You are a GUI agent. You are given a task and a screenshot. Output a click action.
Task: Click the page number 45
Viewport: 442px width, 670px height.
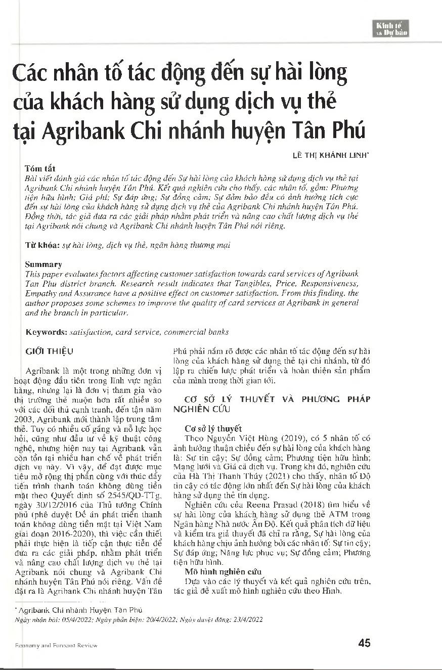(364, 643)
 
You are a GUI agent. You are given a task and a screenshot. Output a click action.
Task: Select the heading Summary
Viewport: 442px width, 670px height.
(43, 264)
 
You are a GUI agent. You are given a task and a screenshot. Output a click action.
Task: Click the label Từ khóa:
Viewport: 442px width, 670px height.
(42, 245)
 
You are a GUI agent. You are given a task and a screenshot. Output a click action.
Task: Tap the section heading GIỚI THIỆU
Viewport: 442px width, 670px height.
(49, 351)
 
